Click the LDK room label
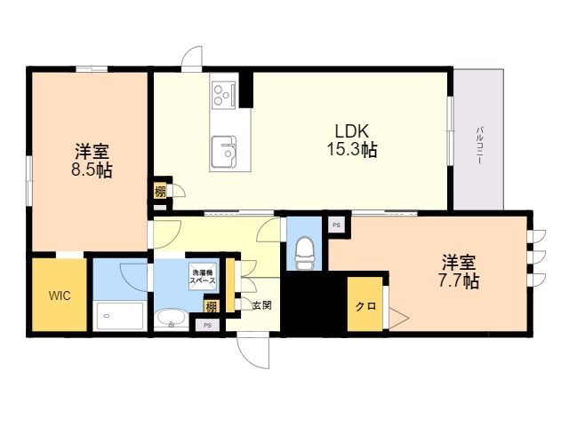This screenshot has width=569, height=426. [352, 130]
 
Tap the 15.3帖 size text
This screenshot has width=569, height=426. [352, 149]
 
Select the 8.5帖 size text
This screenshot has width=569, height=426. [92, 170]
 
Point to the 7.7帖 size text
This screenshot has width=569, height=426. [459, 280]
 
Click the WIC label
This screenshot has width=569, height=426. [60, 296]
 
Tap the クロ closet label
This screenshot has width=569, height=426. [365, 306]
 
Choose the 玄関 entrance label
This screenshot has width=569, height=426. [262, 305]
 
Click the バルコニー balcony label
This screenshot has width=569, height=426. [479, 146]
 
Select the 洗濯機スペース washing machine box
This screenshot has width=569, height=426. [203, 277]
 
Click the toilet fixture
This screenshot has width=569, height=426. [304, 253]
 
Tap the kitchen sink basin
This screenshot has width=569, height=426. [224, 152]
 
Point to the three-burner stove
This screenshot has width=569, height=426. [224, 95]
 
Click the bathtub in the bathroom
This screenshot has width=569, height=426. [120, 316]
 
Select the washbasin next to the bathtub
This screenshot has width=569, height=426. [172, 319]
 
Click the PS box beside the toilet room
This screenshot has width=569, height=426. [337, 225]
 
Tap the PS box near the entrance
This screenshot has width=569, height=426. [207, 325]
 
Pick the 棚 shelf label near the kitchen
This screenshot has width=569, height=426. [160, 192]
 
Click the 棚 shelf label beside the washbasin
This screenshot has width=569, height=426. [212, 306]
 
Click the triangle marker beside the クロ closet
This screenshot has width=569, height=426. [398, 319]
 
